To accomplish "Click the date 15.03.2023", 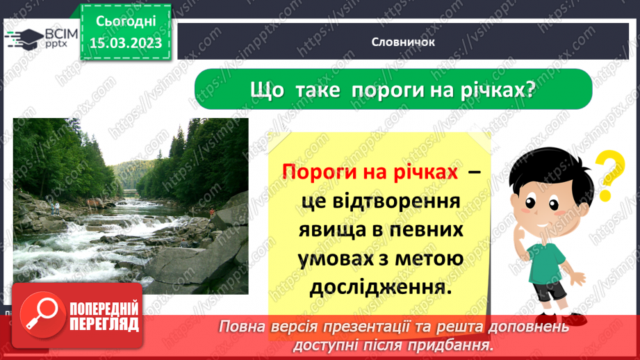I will (126, 43).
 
